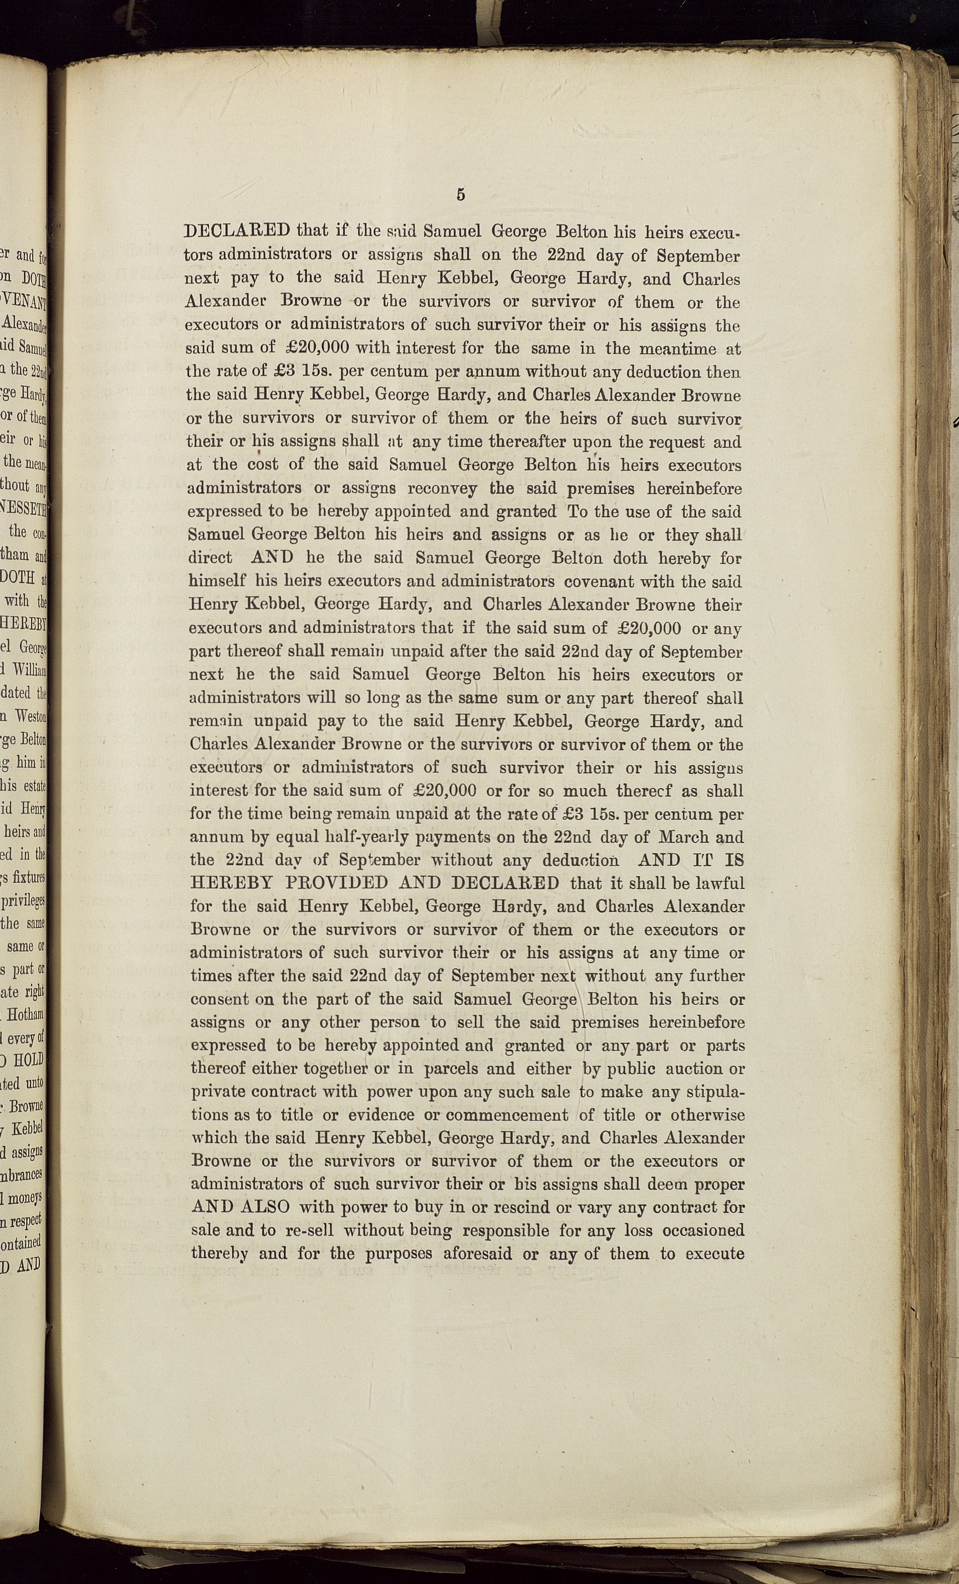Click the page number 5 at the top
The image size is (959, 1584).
[460, 195]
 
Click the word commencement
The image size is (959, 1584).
[507, 1115]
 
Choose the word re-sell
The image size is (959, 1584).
[305, 1231]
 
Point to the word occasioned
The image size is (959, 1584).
[703, 1231]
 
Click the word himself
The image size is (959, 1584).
[217, 582]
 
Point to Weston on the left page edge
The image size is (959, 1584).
[29, 716]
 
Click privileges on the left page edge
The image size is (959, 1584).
[23, 901]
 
